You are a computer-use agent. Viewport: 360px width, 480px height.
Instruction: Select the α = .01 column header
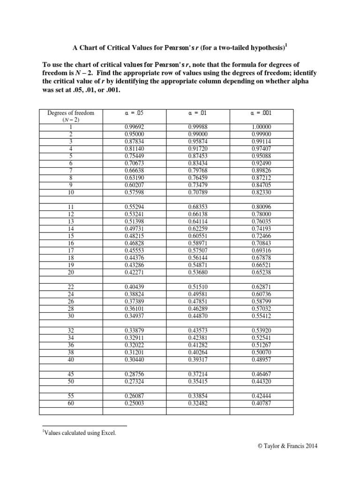coord(198,113)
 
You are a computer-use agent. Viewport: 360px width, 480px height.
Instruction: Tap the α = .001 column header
coord(261,113)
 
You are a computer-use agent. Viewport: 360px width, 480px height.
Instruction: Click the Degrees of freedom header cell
coord(71,116)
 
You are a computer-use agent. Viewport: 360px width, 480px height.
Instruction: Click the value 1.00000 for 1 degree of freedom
coord(261,127)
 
